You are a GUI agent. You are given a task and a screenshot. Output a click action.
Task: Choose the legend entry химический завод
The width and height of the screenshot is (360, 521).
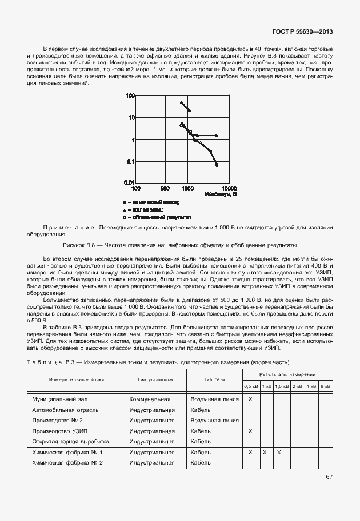tap(153, 202)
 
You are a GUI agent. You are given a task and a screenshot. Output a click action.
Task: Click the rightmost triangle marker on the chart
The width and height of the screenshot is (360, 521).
tap(216, 135)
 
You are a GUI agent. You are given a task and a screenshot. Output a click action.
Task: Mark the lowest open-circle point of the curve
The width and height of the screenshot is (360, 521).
tap(217, 165)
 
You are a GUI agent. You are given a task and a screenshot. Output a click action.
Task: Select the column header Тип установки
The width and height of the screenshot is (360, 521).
tap(155, 379)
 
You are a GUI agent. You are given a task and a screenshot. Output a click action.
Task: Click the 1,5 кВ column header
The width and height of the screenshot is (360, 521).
tap(281, 386)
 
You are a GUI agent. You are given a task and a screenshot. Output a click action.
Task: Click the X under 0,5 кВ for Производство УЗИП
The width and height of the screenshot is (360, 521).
tap(250, 431)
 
